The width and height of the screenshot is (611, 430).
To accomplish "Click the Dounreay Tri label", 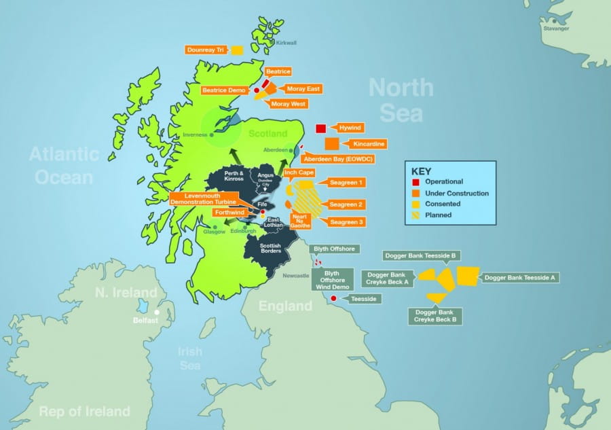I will click(206, 50).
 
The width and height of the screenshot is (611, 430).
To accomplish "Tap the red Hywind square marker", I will click(321, 128).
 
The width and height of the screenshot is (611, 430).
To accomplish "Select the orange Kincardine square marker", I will click(331, 144).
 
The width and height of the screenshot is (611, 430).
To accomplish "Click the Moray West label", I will click(289, 104).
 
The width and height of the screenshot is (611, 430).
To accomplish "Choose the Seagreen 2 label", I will click(347, 204).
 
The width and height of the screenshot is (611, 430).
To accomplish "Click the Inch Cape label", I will click(299, 173).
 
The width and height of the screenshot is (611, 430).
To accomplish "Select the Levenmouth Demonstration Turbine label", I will click(203, 198).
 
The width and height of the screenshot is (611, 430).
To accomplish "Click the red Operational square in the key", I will click(414, 182).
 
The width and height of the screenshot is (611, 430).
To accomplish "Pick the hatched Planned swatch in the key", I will click(414, 215).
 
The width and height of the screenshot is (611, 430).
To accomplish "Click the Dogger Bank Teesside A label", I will click(520, 277).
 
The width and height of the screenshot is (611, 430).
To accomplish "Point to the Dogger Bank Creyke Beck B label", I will click(434, 315).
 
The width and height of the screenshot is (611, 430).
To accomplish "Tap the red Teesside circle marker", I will click(333, 298).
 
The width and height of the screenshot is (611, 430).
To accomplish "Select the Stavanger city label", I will click(556, 29).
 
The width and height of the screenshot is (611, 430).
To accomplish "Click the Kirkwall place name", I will click(286, 43).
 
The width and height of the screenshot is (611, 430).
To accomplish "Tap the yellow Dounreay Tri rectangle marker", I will click(237, 50).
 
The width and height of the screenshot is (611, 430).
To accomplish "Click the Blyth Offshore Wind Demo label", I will click(332, 279).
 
